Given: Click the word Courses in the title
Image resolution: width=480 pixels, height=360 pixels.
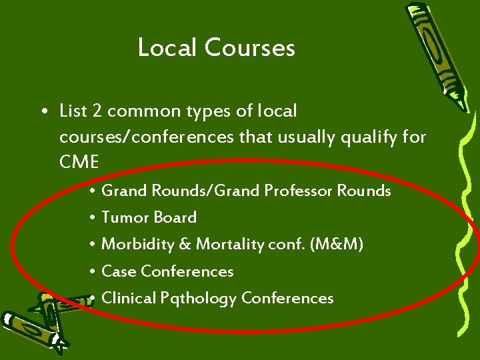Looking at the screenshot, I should coord(250,47).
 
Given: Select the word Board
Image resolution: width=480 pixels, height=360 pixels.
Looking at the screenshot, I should coord(175,217).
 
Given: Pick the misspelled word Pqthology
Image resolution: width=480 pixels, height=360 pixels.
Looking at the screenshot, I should coord(199,299).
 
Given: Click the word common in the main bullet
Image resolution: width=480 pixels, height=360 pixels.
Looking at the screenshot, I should coord(139,111).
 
